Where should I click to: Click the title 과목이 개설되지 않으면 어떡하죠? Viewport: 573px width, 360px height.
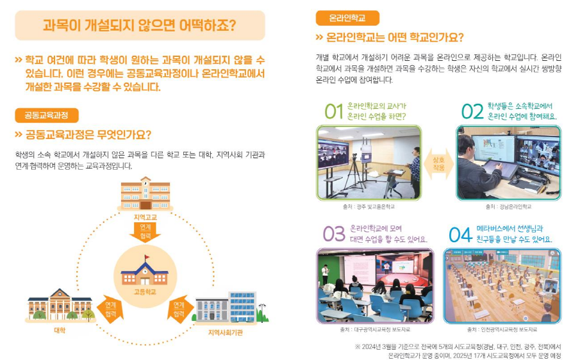[x=139, y=26]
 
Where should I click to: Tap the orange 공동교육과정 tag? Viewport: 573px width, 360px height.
[x=47, y=115]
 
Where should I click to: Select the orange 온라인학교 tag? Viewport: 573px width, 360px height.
[x=347, y=18]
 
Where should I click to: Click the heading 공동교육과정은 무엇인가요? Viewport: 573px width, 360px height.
[x=88, y=135]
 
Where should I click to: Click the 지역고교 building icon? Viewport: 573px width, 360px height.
[x=145, y=194]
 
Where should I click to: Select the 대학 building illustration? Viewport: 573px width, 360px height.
[x=60, y=305]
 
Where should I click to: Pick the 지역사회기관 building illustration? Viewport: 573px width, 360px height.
[x=229, y=307]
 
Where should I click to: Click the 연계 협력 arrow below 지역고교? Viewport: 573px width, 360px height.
[x=145, y=232]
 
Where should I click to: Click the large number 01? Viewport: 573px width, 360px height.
[x=333, y=112]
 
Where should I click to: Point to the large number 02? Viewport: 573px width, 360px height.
[x=472, y=112]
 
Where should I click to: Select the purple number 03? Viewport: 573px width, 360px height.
[x=333, y=234]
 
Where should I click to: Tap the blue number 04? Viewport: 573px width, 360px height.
[x=460, y=234]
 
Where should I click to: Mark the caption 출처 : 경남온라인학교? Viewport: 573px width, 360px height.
[x=508, y=207]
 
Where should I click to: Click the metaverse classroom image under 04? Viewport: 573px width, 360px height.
[x=502, y=285]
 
